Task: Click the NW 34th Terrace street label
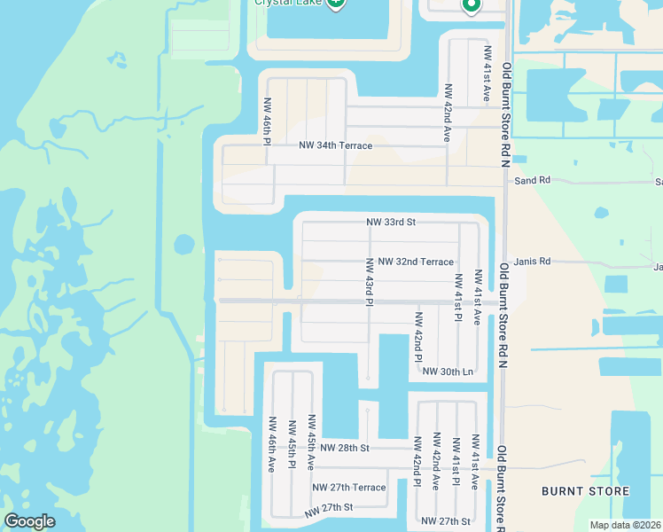tap(336, 145)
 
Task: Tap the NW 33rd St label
tap(391, 223)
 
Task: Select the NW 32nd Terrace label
tap(416, 262)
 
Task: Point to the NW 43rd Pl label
tap(368, 281)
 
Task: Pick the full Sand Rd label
tap(533, 180)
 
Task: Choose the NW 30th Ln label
tap(448, 372)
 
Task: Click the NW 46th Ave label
tap(271, 444)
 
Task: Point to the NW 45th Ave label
tap(311, 440)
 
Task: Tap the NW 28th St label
tap(345, 449)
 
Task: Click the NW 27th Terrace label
tap(349, 488)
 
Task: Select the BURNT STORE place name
tap(586, 491)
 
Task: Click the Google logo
tap(29, 521)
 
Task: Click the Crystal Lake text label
tap(287, 3)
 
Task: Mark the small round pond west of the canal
tap(184, 243)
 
